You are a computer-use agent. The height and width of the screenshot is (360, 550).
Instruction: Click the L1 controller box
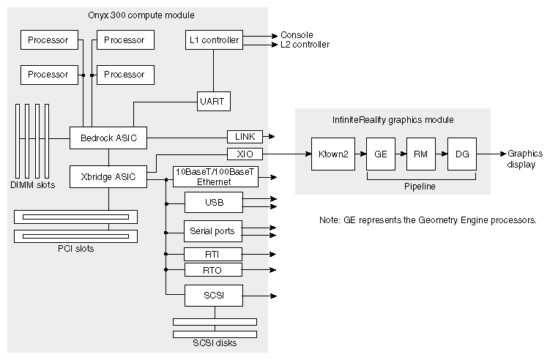pos(213,40)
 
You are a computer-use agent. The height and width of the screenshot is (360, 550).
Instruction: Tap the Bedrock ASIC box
pos(108,137)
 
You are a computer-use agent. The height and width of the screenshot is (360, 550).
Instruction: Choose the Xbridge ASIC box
pos(108,176)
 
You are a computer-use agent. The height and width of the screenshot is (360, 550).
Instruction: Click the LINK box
pos(245,137)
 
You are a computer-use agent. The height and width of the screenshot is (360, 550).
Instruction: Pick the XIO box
pos(245,154)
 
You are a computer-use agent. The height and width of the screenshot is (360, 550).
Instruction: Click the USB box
pos(212,201)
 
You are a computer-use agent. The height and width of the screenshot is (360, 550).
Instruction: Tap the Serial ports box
pos(212,231)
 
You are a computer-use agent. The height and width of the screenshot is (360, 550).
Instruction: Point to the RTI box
pos(212,255)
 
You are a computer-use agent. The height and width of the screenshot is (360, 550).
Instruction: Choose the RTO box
pos(212,271)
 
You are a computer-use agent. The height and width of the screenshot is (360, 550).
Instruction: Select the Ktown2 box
pos(332,154)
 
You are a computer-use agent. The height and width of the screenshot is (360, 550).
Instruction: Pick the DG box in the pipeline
pos(461,154)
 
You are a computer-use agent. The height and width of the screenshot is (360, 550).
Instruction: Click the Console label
pos(297,35)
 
